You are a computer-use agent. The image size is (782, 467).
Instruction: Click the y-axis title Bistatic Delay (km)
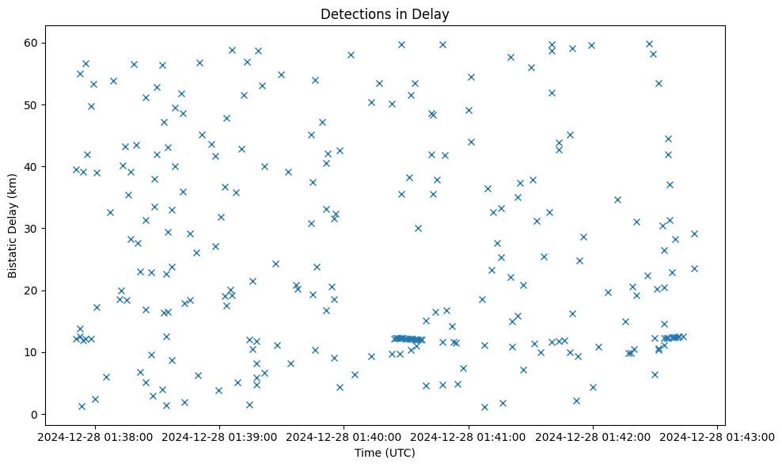13,224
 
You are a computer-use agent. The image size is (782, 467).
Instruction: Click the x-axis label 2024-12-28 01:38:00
96,436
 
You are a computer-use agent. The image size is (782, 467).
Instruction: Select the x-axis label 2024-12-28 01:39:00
220,436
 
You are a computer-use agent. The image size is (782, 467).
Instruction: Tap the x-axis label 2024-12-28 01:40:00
344,436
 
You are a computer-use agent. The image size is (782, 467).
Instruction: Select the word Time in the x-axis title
370,453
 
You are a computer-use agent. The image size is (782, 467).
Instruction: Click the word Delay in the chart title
434,13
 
